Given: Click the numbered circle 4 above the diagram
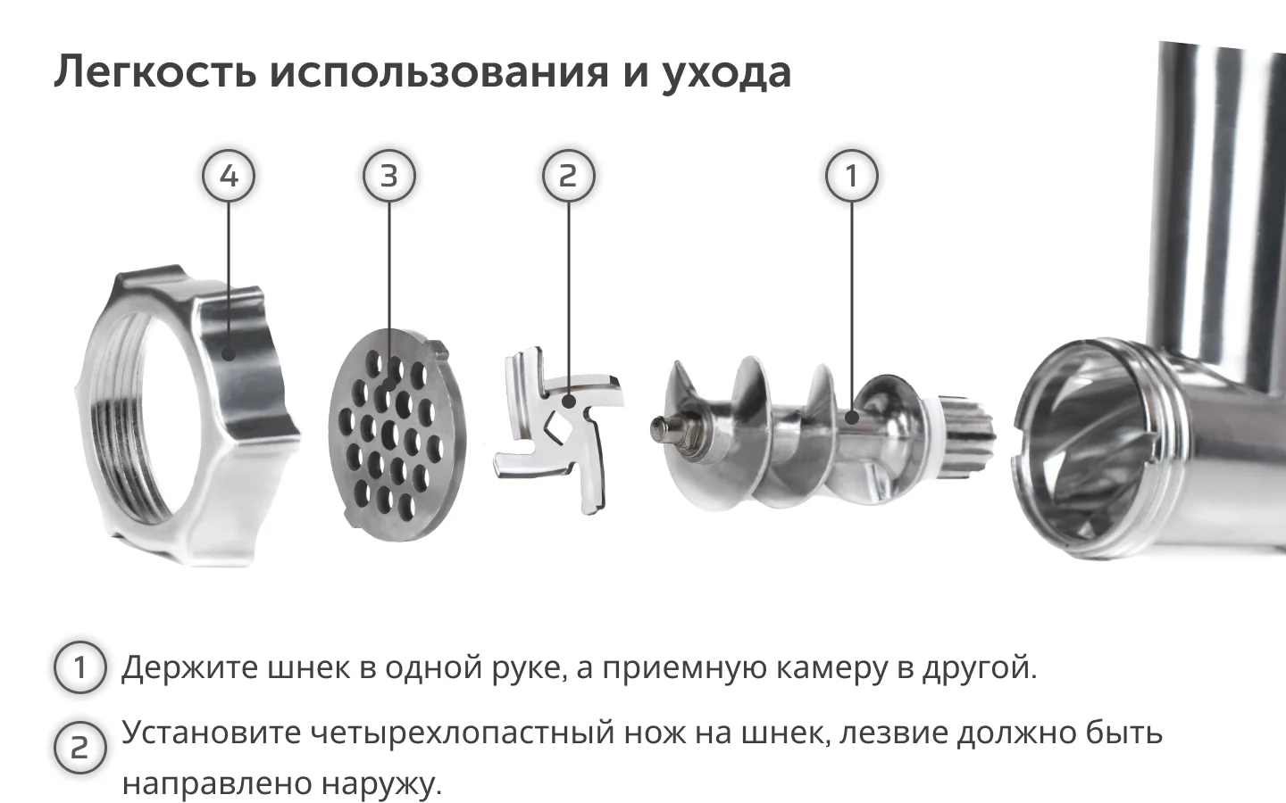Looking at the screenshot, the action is tap(229, 176).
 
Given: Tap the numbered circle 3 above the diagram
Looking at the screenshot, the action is tap(389, 176).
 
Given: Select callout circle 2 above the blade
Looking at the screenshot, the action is tap(568, 176).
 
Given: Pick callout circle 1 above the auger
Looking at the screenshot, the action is tap(851, 176).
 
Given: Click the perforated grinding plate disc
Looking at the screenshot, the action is tap(397, 435).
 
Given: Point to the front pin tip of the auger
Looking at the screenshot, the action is tap(658, 427).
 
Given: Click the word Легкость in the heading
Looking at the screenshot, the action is tap(155, 71).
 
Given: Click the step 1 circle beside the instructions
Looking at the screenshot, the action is tap(79, 667).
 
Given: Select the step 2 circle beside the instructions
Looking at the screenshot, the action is tap(79, 748).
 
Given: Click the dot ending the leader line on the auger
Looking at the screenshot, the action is tap(852, 417).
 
